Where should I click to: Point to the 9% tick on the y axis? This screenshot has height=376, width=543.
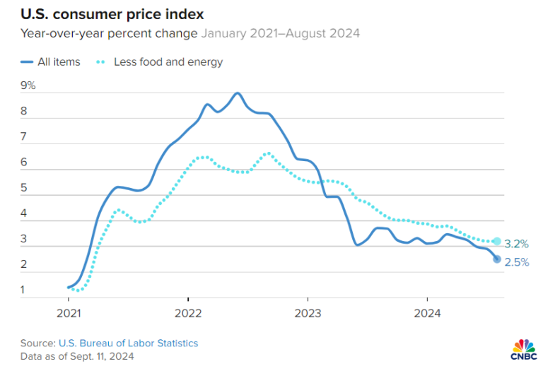[28, 86]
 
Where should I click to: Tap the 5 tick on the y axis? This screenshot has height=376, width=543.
[24, 188]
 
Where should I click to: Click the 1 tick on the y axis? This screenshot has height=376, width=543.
[24, 290]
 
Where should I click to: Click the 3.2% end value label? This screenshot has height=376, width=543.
[517, 244]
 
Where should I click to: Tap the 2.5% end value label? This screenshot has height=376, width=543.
[517, 263]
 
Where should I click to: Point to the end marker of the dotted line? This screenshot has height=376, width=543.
[497, 242]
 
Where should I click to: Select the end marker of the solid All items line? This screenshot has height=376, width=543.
[497, 259]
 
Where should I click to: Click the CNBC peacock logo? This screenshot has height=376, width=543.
[523, 348]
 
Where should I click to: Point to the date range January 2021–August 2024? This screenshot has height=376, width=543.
[281, 33]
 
